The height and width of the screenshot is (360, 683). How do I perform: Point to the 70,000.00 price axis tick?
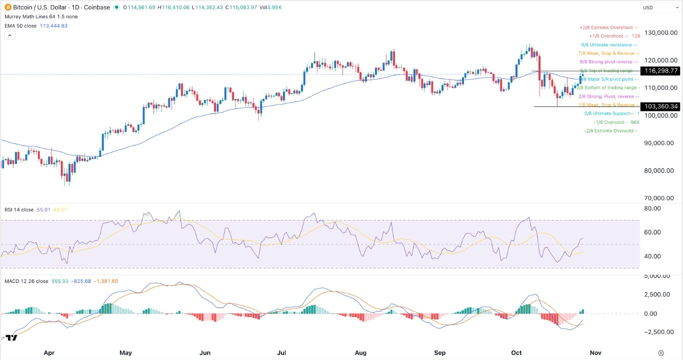(x=659, y=198)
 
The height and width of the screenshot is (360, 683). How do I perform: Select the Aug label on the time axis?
(x=360, y=352)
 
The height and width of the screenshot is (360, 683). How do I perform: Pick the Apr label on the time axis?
(x=49, y=352)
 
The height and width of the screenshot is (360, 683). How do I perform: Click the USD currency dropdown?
(x=660, y=7)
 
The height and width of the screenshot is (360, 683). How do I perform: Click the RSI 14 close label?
(x=19, y=209)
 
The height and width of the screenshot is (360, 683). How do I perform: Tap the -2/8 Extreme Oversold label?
(x=610, y=130)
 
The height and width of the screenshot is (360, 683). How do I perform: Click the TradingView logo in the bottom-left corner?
(x=11, y=337)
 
